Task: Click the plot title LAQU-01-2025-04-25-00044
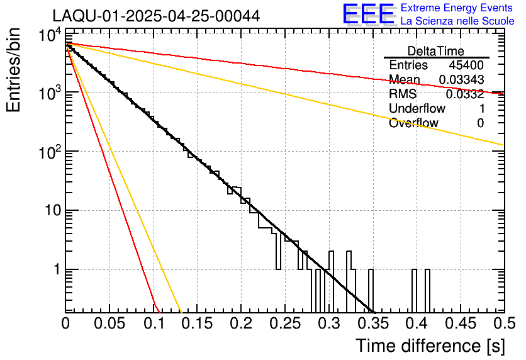click(x=156, y=16)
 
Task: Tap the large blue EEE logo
click(x=368, y=14)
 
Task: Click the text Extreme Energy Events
click(x=457, y=8)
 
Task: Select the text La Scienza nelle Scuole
click(x=457, y=21)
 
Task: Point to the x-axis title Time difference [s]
click(x=430, y=346)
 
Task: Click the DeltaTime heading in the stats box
click(x=435, y=51)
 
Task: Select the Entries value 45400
click(x=466, y=65)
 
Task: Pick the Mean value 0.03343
click(x=461, y=80)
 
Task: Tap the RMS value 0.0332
click(x=464, y=94)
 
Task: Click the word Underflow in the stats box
click(x=417, y=109)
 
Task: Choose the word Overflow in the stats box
click(x=413, y=123)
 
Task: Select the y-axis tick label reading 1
click(x=55, y=269)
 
